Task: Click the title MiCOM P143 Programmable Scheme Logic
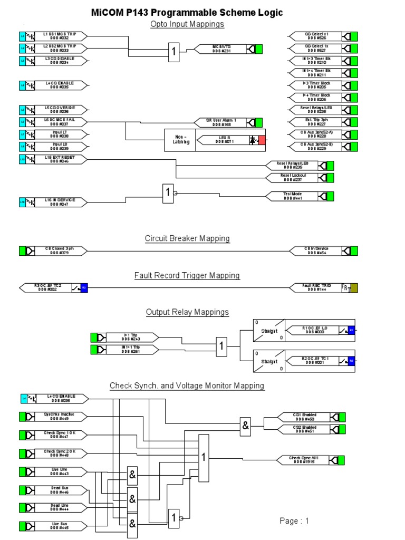pos(202,13)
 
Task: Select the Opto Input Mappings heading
pos(187,24)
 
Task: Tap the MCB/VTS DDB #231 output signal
pos(221,49)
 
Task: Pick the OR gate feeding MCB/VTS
pos(173,51)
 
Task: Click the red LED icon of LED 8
pos(262,140)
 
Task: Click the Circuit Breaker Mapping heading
pos(187,238)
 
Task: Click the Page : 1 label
pos(294,521)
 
